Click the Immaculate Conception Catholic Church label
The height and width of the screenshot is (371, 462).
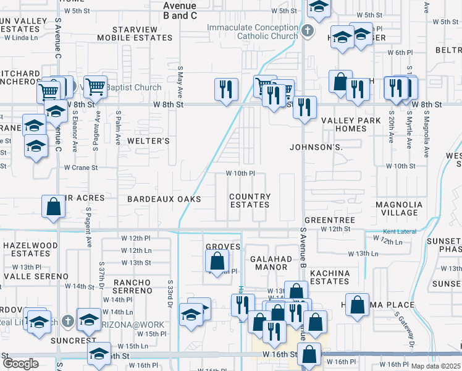(x=252, y=32)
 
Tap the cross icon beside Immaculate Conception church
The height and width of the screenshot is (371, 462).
(x=307, y=31)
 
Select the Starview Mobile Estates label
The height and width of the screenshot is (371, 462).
(x=143, y=33)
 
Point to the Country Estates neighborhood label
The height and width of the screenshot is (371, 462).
(x=250, y=200)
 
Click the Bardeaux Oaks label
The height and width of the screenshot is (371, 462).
(x=164, y=199)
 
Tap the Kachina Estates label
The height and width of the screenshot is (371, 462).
(x=329, y=277)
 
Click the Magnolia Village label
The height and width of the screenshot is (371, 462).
(x=399, y=208)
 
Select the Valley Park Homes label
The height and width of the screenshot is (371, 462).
(x=342, y=124)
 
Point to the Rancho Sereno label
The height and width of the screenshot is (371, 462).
(x=132, y=286)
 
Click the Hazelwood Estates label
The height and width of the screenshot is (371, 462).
(x=30, y=249)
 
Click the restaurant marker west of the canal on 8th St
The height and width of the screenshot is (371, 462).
(x=226, y=89)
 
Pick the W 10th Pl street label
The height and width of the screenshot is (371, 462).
(x=240, y=174)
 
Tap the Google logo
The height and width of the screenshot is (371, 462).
(x=20, y=364)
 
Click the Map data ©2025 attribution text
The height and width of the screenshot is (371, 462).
(x=436, y=366)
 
